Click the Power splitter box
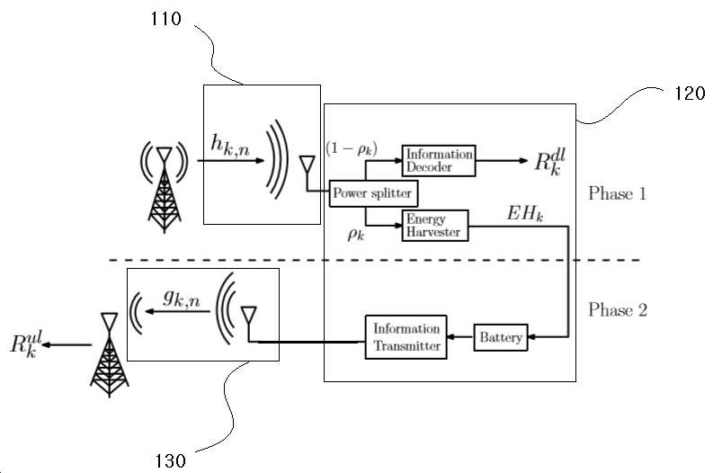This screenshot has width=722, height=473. pos(373,193)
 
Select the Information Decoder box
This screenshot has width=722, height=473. pos(439,160)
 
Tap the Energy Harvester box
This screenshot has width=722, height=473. pos(435,226)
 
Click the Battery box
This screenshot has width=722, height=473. pos(501,337)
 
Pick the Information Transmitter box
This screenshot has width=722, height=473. pos(406,337)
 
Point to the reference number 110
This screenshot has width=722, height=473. pos(165,19)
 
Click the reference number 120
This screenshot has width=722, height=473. pos(690,94)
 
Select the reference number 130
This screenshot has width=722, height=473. pos(170,460)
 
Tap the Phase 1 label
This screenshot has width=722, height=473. pos(618,193)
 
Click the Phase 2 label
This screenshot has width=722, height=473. pos(618,310)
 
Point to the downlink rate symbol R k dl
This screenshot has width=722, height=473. pos(549,162)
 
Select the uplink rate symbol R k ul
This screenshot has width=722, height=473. pos(26,344)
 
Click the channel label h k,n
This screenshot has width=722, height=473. pos(230,145)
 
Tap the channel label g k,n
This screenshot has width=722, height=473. pos(182,299)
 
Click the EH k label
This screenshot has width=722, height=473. pos(525,214)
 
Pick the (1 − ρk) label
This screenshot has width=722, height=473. pos(352,148)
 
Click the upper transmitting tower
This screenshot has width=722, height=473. pos(165,188)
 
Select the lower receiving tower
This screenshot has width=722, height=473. pos(110,354)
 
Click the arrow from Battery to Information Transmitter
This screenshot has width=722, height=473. pos(460,337)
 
